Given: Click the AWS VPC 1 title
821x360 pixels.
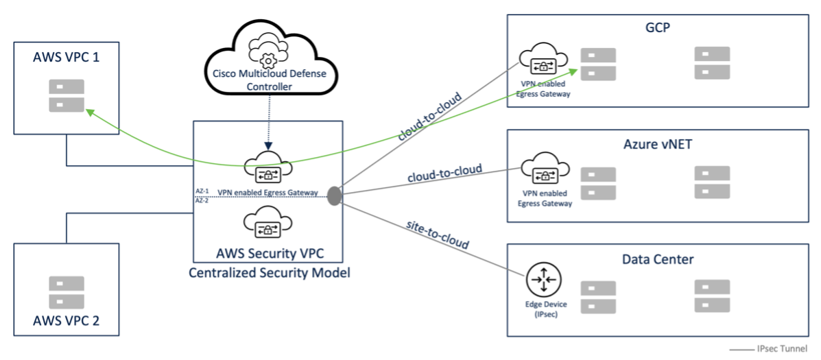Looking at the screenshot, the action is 67,57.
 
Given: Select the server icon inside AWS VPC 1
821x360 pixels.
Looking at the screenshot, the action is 67,96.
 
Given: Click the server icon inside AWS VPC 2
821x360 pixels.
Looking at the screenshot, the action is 67,292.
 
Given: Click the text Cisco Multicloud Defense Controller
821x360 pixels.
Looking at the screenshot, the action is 269,80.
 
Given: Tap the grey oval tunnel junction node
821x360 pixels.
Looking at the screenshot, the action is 333,195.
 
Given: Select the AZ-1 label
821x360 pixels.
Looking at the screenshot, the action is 202,192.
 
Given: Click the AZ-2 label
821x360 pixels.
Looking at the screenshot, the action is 202,200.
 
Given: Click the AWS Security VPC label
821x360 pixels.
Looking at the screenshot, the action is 270,254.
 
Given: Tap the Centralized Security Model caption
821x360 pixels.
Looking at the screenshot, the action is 269,273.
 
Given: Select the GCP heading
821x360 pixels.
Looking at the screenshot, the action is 658,27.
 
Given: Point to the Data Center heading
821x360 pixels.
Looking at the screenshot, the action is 658,259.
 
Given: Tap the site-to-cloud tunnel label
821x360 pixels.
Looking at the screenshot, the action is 438,235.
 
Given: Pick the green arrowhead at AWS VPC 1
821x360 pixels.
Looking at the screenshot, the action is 90,112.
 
